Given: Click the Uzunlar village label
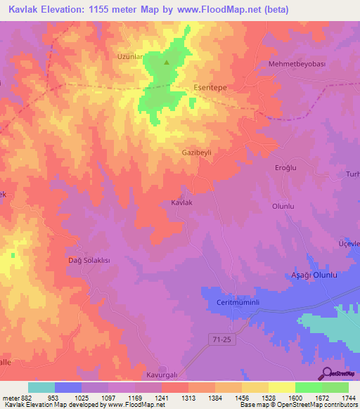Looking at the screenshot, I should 130,56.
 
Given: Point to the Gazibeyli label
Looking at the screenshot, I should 197,152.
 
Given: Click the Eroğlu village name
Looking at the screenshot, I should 286,167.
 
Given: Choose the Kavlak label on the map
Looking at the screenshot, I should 182,202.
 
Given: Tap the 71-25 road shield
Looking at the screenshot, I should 220,339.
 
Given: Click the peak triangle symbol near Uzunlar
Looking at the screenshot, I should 167,63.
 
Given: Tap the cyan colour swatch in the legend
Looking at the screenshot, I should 41,387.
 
